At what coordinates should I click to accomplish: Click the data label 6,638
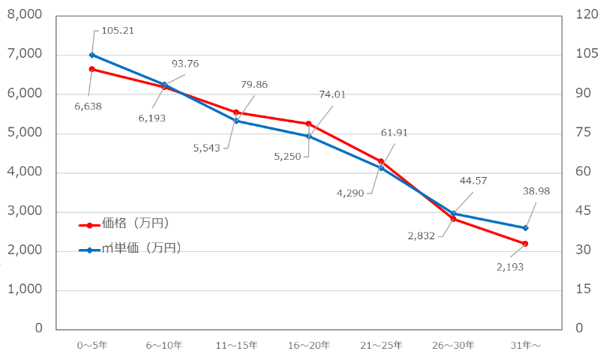pyautogui.click(x=88, y=106)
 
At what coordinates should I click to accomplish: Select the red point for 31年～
pyautogui.click(x=525, y=244)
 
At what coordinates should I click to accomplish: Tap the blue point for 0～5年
pyautogui.click(x=92, y=55)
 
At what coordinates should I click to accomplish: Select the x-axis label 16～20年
pyautogui.click(x=308, y=346)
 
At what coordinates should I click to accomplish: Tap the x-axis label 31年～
pyautogui.click(x=525, y=346)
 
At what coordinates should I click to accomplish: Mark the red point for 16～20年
pyautogui.click(x=308, y=124)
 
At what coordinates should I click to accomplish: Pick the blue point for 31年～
pyautogui.click(x=525, y=228)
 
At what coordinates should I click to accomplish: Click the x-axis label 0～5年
pyautogui.click(x=91, y=346)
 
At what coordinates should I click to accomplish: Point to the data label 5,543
pyautogui.click(x=206, y=148)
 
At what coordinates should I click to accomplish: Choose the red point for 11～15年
pyautogui.click(x=236, y=112)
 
